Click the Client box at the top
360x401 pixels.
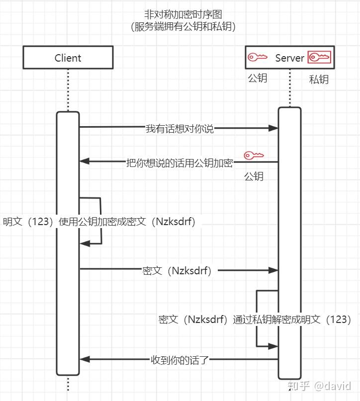(68, 58)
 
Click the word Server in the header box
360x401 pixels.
(289, 58)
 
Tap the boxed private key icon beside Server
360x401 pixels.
(319, 57)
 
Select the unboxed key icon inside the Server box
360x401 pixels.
(258, 57)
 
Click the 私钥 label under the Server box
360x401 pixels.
(319, 80)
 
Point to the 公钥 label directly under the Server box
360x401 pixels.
(258, 78)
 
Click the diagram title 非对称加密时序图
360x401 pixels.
(183, 14)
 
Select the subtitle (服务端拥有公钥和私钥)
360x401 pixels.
(183, 26)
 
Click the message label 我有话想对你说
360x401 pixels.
(180, 128)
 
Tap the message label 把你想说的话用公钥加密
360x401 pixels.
(180, 163)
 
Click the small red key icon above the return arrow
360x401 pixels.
(254, 155)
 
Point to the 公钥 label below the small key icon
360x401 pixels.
(254, 176)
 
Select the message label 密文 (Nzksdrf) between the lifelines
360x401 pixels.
(177, 271)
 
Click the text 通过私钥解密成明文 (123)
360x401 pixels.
(292, 320)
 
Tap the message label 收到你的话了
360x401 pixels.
(180, 360)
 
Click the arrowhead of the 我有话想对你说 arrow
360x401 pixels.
(273, 128)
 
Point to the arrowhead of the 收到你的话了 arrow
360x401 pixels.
(85, 359)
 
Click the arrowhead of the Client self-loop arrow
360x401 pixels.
(85, 243)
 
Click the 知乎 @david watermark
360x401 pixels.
(319, 386)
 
